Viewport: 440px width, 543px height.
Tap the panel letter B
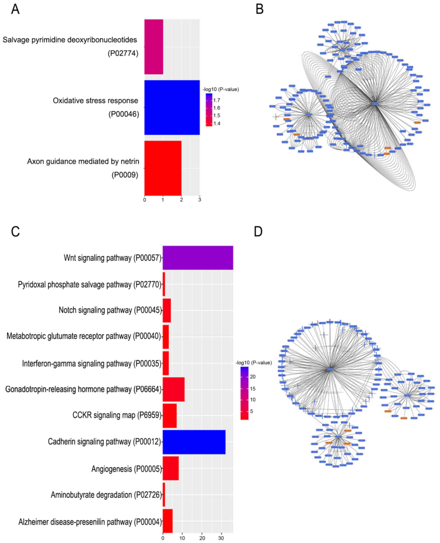tap(259, 9)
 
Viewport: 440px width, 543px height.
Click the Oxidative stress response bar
tap(172, 107)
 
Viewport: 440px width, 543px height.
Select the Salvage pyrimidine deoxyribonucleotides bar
tap(154, 47)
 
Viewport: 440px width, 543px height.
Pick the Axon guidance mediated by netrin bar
tap(163, 168)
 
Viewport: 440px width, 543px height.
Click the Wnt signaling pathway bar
tap(198, 258)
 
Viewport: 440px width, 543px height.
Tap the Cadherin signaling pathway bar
tap(194, 442)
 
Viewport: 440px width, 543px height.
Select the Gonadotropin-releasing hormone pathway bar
tap(173, 389)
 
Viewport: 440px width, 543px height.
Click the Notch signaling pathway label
tap(110, 310)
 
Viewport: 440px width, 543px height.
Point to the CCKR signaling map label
tap(117, 415)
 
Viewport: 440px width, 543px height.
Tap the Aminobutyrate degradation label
tap(106, 495)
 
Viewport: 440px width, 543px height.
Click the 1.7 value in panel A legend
tap(217, 100)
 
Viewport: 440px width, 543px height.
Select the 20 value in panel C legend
tap(253, 377)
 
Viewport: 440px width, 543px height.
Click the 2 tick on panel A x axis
tap(182, 200)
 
